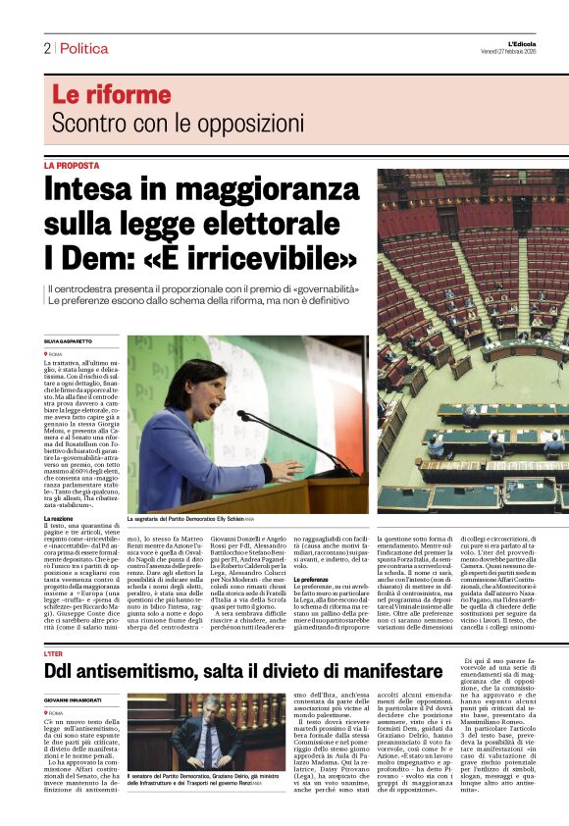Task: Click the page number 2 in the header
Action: click(46, 48)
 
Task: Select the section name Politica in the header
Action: click(83, 48)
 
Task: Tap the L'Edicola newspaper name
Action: click(544, 43)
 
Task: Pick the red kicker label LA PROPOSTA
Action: click(72, 166)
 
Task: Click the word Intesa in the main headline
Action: click(96, 188)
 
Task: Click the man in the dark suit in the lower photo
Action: click(213, 736)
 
